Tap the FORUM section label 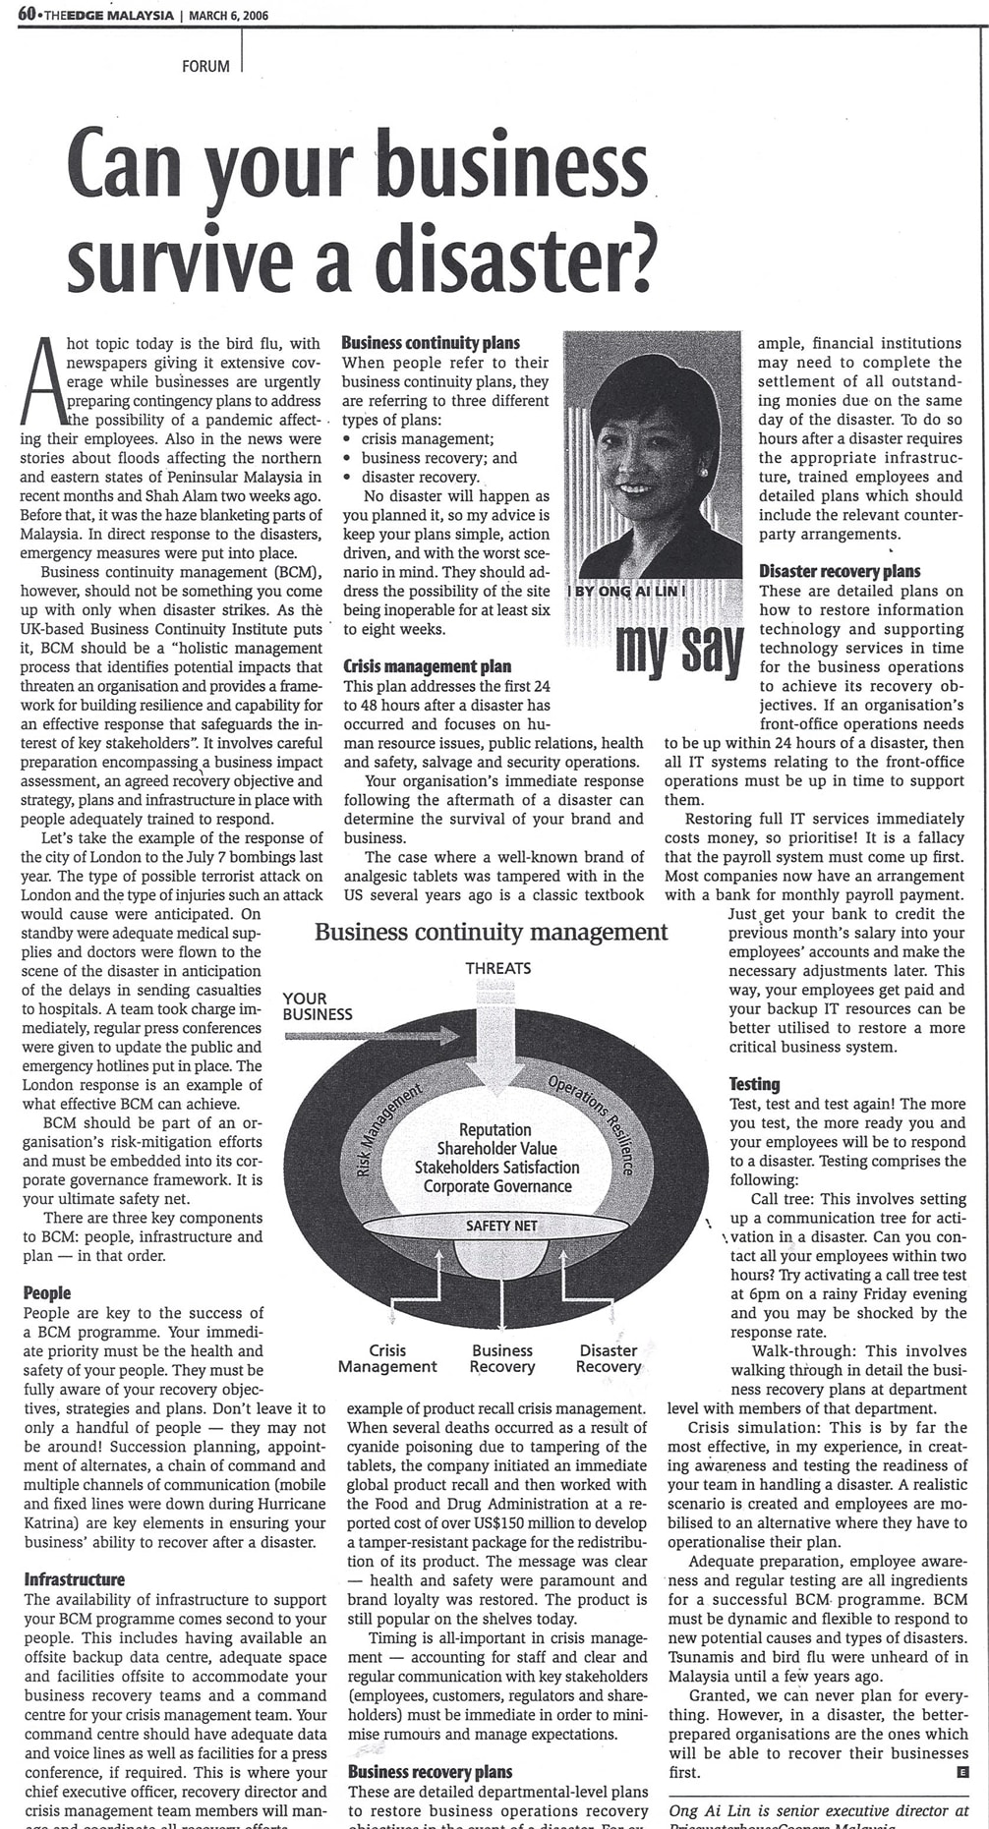[x=205, y=67]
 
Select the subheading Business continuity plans [x=431, y=343]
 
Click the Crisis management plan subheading [x=427, y=666]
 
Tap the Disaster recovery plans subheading [x=840, y=571]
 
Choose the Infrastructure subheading [x=75, y=1579]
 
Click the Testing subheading [x=754, y=1084]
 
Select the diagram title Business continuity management [x=492, y=932]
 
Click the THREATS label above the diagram [x=498, y=968]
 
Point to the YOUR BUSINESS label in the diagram [x=317, y=1006]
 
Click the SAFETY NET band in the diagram [x=501, y=1226]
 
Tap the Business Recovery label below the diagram [x=501, y=1358]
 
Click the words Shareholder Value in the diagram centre [x=496, y=1149]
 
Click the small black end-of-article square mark [x=961, y=1772]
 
